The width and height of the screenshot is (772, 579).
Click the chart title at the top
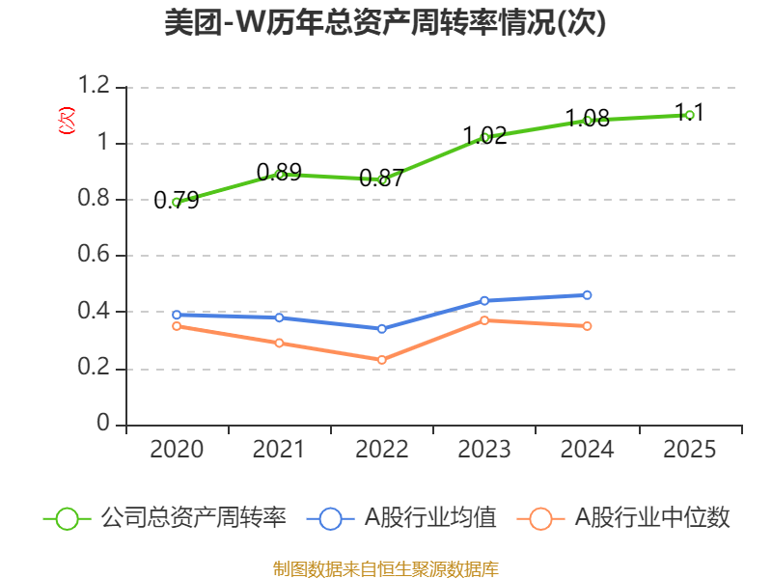(x=385, y=23)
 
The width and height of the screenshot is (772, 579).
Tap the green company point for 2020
(x=177, y=203)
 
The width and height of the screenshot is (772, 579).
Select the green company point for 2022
(x=382, y=179)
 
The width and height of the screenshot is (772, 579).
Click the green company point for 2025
(x=689, y=115)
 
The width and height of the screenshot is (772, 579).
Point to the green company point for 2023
(x=485, y=137)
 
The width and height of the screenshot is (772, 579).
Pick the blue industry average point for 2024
(x=587, y=295)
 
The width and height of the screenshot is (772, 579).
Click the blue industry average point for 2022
(x=382, y=328)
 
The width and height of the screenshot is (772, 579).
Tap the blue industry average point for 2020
(x=177, y=315)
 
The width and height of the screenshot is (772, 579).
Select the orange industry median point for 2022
(x=382, y=360)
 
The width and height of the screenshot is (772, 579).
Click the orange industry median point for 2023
(x=485, y=320)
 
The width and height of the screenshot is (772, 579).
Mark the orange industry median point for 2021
(x=280, y=343)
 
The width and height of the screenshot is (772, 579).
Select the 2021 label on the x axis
(x=279, y=450)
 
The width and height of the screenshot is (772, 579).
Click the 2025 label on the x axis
(x=689, y=450)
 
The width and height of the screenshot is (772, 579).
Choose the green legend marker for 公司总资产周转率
(x=67, y=518)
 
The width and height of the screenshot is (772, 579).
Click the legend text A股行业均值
(x=429, y=518)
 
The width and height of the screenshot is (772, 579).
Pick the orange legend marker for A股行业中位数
(x=540, y=518)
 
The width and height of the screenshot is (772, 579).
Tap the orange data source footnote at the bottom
(x=385, y=568)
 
